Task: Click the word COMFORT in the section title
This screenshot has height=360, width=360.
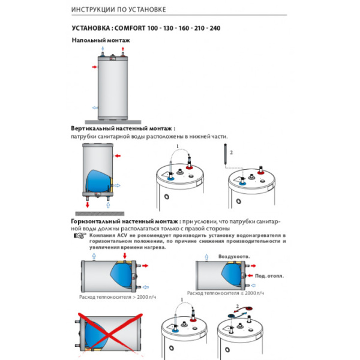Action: coord(136,28)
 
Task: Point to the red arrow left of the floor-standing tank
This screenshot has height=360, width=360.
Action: coord(95,68)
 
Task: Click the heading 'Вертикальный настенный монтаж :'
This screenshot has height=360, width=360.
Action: coord(123,128)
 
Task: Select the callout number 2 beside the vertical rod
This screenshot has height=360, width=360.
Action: coord(230,152)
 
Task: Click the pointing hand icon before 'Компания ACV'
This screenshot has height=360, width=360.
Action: coord(79,236)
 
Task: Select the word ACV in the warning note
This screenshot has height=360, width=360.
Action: coord(120,236)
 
